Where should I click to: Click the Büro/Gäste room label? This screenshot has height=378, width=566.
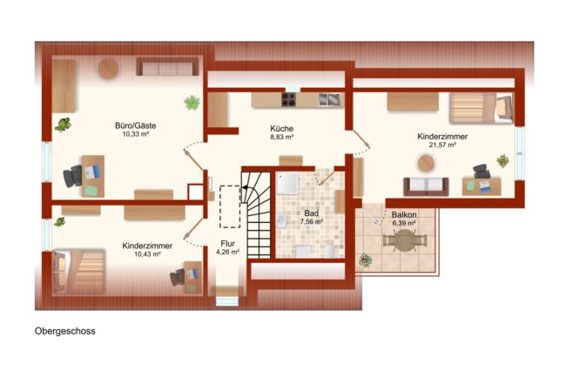point(135,125)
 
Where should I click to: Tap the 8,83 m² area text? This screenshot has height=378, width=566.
point(281,138)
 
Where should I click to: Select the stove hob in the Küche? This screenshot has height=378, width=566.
point(289,99)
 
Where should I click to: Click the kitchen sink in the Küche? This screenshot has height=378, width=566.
point(329,99)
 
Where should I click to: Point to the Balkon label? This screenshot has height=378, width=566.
point(404,215)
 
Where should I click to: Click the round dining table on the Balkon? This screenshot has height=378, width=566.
point(404,240)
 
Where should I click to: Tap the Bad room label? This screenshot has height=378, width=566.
point(311,213)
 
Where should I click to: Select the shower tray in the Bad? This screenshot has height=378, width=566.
point(287,184)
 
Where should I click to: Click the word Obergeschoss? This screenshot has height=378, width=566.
point(65,331)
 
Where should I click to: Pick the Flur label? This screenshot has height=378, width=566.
point(228,244)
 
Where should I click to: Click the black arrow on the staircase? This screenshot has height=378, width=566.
point(245,187)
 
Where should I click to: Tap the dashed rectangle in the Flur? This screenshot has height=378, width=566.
point(230,206)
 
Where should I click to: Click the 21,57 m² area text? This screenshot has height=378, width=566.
point(442,145)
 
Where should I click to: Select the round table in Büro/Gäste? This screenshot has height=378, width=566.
point(108,69)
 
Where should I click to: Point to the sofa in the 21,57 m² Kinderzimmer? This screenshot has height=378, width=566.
point(426,186)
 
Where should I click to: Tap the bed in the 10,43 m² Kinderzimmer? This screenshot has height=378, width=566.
point(79,272)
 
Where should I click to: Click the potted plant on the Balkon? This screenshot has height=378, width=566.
point(366,260)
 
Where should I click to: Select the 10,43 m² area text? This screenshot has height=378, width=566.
point(147,254)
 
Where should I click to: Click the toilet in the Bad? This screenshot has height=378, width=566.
point(329,251)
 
